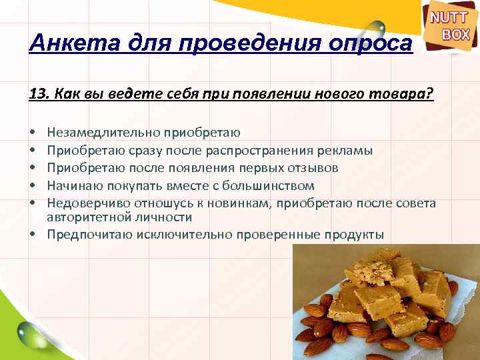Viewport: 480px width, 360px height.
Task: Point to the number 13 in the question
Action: pos(37,94)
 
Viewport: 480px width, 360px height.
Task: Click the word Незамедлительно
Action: pos(100,133)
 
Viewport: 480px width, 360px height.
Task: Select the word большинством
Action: pos(263,185)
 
